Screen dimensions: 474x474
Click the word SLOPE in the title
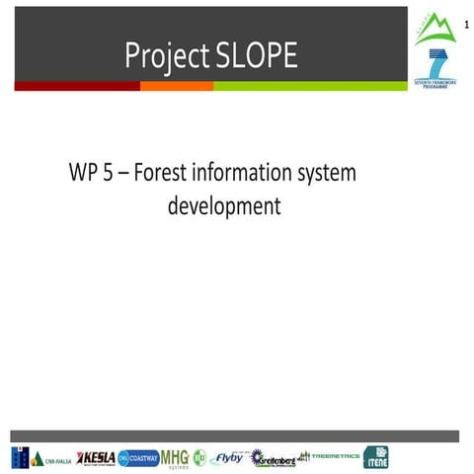(251, 56)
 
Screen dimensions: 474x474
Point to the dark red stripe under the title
(77, 86)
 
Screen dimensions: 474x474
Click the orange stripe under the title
(177, 86)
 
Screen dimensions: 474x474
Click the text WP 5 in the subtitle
(91, 174)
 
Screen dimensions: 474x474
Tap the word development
(224, 206)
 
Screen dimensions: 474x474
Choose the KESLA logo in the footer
(95, 457)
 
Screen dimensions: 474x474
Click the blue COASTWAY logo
(137, 457)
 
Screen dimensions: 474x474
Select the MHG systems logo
(175, 457)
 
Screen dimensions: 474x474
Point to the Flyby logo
(228, 457)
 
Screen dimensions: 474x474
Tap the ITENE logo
(375, 457)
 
